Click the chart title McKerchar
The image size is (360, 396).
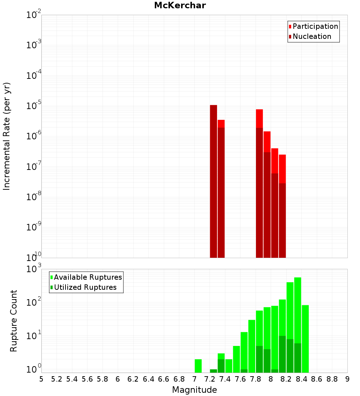coord(180,5)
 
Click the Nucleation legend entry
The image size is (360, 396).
coord(312,36)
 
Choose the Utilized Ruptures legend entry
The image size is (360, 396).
coord(85,287)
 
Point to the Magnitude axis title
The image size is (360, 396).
coord(194,390)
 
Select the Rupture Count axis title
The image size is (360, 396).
coord(14,320)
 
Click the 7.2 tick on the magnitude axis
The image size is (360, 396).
coord(210,379)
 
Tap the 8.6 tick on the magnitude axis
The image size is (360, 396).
coord(317,379)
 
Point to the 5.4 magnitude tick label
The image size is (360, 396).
coord(72,379)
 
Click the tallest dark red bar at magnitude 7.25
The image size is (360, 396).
coord(213,180)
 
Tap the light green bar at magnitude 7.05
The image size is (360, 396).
coord(198,366)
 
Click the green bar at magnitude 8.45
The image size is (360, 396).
coord(305,338)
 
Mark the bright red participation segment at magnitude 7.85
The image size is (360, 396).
coord(259,118)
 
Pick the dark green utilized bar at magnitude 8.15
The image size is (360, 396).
coord(282,354)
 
